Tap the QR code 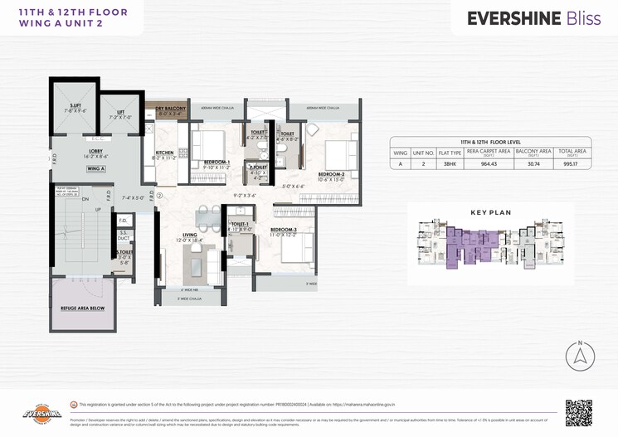coord(578,412)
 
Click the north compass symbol coord(580,356)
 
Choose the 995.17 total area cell coord(568,164)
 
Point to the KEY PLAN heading coord(490,212)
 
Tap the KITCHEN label coord(164,153)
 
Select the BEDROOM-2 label coord(330,174)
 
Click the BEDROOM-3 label coord(283,229)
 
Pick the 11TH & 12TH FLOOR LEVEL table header coord(489,143)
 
